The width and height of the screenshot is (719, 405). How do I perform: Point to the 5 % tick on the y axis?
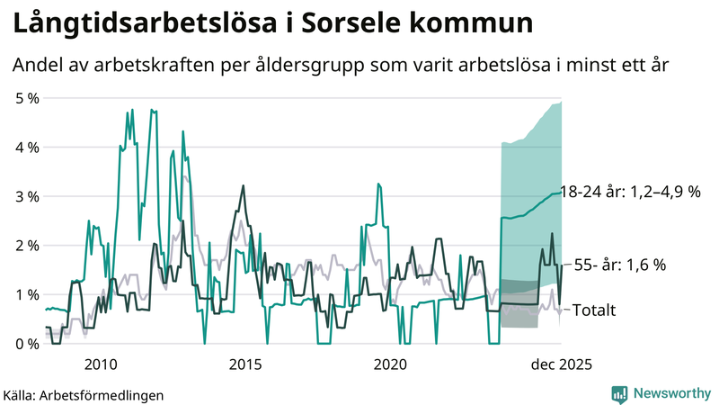tap(27, 97)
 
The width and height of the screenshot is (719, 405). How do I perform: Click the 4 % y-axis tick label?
tap(27, 147)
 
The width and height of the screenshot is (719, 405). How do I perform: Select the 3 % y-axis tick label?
tap(27, 196)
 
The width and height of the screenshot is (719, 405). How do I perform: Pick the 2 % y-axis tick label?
tap(27, 245)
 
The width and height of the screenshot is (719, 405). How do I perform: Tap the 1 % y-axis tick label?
tap(27, 294)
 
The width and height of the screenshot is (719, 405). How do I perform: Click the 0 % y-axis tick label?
tap(27, 344)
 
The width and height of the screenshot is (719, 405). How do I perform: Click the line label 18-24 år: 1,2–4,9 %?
tap(629, 192)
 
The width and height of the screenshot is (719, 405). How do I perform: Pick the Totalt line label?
tap(593, 310)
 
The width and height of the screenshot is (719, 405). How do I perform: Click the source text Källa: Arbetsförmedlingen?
tap(84, 394)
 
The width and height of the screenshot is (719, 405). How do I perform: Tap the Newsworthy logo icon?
tap(620, 393)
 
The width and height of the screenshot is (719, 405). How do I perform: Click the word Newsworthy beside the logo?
tap(670, 393)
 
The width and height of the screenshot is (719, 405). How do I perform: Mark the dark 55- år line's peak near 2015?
tap(243, 186)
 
